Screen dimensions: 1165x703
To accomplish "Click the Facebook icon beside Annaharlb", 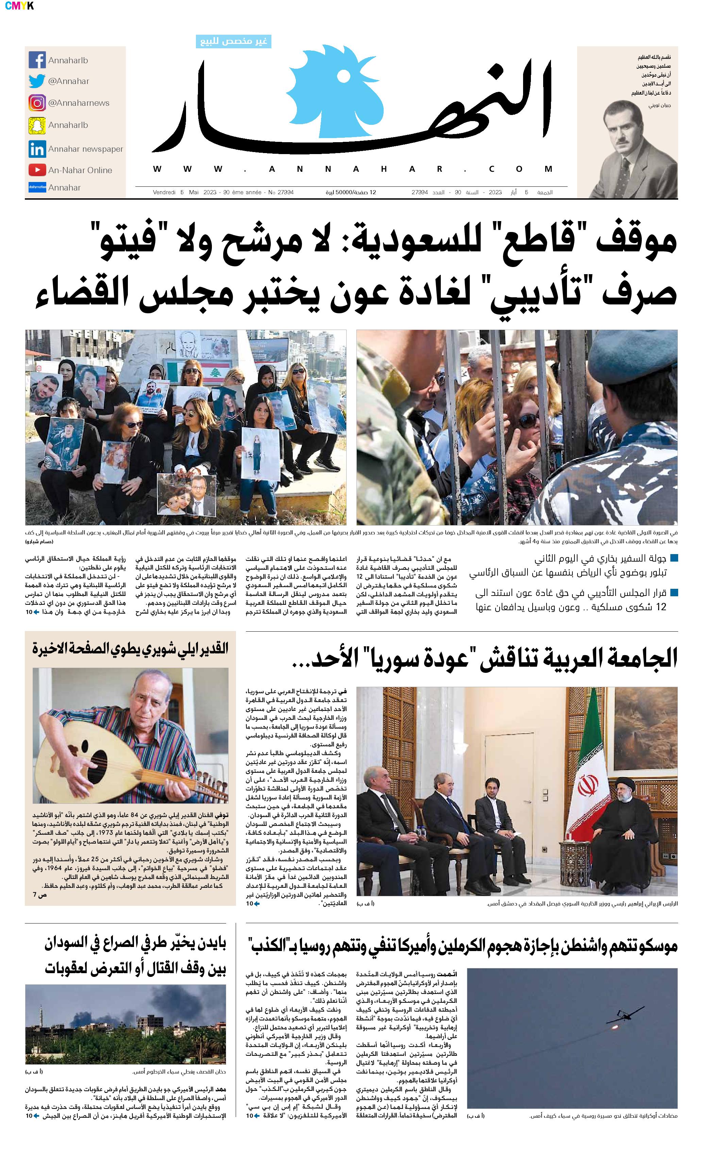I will coord(37,60).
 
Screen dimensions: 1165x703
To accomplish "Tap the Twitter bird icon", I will coord(37,81).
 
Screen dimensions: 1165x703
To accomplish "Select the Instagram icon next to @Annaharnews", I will coord(37,103).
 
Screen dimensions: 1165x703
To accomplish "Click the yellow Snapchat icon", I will coord(37,125).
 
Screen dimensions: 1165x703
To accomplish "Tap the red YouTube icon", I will coord(37,170).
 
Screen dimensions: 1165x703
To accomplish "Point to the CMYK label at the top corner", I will coord(19,6).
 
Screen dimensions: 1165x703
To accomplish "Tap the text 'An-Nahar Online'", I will coord(80,170).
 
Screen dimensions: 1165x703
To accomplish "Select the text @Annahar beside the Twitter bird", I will coord(69,81).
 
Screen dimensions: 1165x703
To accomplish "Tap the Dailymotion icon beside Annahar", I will coord(37,187).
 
